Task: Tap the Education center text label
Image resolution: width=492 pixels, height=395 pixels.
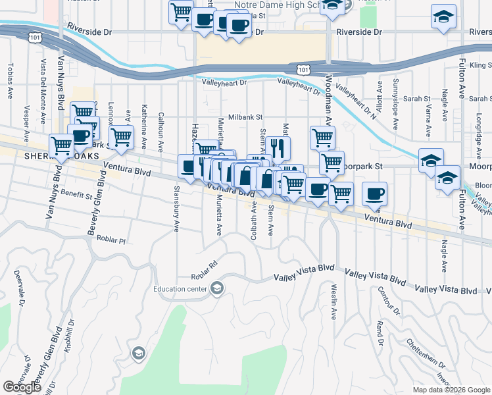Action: [180, 288]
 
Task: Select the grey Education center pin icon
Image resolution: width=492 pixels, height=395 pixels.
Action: [217, 288]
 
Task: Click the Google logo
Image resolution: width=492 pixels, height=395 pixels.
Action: [22, 387]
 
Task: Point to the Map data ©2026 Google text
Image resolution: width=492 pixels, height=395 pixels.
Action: [451, 390]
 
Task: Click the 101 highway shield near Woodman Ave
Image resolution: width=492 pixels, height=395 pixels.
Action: [303, 69]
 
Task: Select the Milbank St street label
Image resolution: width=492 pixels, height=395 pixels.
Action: [245, 117]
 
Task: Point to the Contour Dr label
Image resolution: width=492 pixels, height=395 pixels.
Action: [387, 301]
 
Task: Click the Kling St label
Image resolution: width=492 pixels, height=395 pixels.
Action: [480, 66]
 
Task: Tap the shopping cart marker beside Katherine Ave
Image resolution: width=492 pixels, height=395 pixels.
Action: [122, 137]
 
